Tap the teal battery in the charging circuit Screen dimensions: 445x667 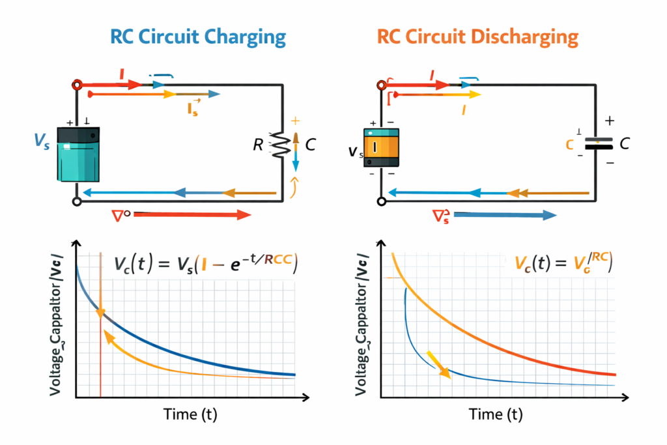[x=79, y=154]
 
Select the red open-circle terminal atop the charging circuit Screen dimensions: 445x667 [x=78, y=85]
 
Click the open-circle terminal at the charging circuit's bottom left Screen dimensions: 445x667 [x=78, y=202]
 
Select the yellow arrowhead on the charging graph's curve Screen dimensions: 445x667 [x=109, y=339]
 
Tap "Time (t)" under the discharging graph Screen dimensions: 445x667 [x=496, y=414]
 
